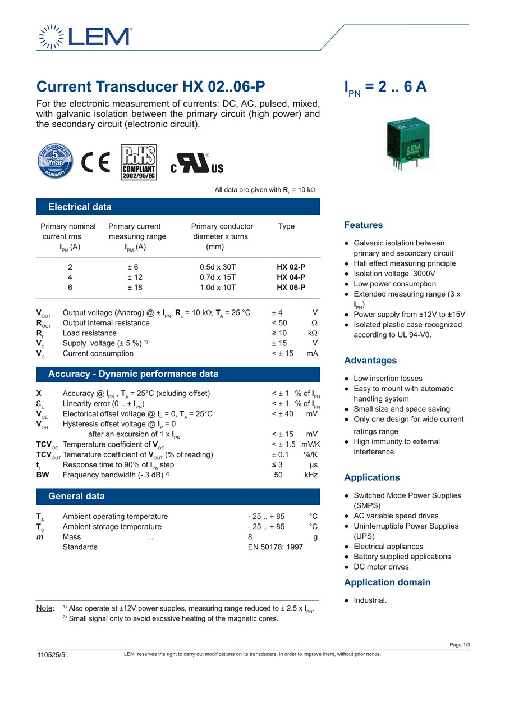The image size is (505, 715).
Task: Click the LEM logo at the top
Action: click(x=85, y=37)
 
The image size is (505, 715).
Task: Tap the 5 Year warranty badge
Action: click(x=55, y=161)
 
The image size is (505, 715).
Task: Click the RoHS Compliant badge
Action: click(x=139, y=162)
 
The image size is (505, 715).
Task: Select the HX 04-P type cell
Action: click(x=291, y=277)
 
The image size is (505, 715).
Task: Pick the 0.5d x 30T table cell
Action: click(x=218, y=267)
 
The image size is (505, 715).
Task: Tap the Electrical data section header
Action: click(x=80, y=207)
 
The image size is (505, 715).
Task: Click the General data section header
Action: click(x=76, y=497)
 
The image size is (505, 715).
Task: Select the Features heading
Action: click(x=363, y=225)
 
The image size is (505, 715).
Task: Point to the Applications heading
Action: click(x=371, y=478)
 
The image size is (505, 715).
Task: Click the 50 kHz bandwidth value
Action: click(x=295, y=475)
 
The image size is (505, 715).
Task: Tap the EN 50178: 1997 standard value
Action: click(x=275, y=547)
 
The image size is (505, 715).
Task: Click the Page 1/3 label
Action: click(x=460, y=645)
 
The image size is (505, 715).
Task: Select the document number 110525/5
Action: click(x=52, y=654)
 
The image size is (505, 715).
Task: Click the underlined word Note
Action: click(x=45, y=608)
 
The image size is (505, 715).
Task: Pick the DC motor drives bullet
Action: click(x=380, y=567)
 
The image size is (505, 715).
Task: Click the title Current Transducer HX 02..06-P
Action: click(x=150, y=87)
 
